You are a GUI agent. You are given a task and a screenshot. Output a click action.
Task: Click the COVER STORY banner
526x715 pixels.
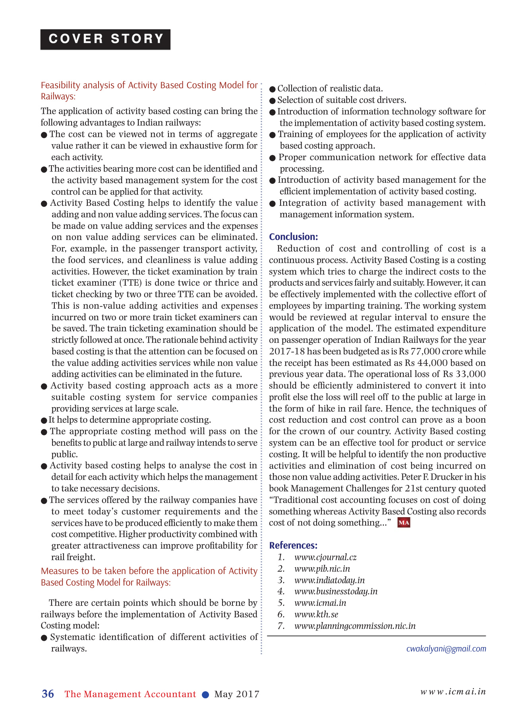[x=105, y=39]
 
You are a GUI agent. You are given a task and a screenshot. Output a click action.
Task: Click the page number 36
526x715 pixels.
[x=48, y=694]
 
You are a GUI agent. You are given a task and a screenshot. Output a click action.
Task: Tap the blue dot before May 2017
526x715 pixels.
[x=205, y=695]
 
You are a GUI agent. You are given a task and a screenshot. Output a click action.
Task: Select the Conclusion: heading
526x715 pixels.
[x=294, y=237]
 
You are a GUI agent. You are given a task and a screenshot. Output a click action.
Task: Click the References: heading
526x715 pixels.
[x=293, y=545]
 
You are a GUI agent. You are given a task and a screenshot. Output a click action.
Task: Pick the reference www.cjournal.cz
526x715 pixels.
[x=325, y=557]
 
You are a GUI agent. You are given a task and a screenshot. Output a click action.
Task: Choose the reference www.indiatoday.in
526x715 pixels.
[x=329, y=580]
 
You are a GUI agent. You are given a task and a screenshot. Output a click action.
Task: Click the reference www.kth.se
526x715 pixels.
[x=316, y=615]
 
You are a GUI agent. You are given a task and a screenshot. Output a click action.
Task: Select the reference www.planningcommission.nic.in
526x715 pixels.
[x=355, y=626]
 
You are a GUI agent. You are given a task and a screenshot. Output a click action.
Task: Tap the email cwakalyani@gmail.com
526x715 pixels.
[x=446, y=649]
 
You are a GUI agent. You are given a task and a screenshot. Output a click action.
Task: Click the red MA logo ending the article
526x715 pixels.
[x=404, y=523]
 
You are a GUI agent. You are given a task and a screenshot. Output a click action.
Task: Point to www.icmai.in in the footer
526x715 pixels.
[x=453, y=692]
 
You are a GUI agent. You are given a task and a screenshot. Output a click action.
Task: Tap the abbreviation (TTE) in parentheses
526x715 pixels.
[x=130, y=283]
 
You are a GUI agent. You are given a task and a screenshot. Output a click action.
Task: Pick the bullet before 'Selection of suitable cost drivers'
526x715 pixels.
[x=273, y=101]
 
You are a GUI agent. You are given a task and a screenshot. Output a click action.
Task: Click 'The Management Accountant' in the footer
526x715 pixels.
[x=130, y=694]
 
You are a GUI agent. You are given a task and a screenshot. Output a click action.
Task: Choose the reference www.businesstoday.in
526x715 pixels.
[x=336, y=591]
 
